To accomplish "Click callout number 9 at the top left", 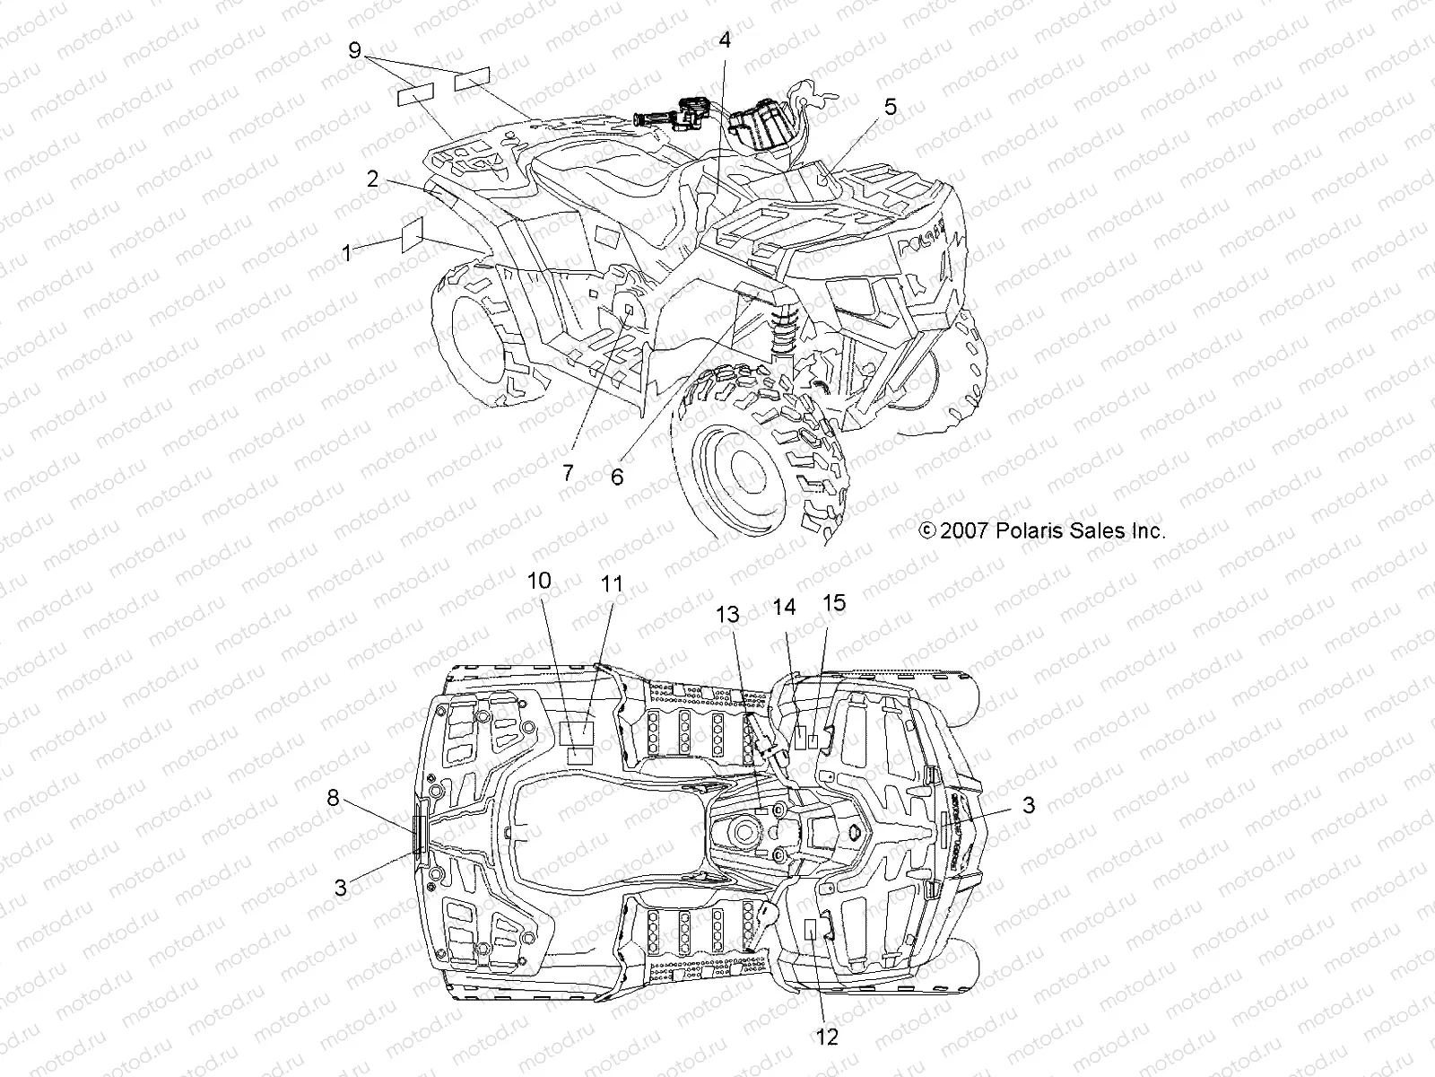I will coord(355,51).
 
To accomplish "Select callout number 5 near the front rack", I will coord(889,107).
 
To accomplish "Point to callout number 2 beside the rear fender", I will coord(372,178).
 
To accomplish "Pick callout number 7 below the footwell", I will coord(568,473).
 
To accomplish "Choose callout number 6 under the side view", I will coord(616,477).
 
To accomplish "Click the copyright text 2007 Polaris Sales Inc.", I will coord(1043,530).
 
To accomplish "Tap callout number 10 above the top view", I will coord(539,581).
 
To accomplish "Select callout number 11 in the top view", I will coord(612,584).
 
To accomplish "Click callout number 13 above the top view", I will coord(727,615).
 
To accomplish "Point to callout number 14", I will coord(784,608).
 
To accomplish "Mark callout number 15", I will coord(834,602).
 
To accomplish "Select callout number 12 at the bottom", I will coord(827,1037).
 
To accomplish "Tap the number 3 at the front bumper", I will coord(1028,805).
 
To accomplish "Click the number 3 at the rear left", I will coord(340,888).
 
